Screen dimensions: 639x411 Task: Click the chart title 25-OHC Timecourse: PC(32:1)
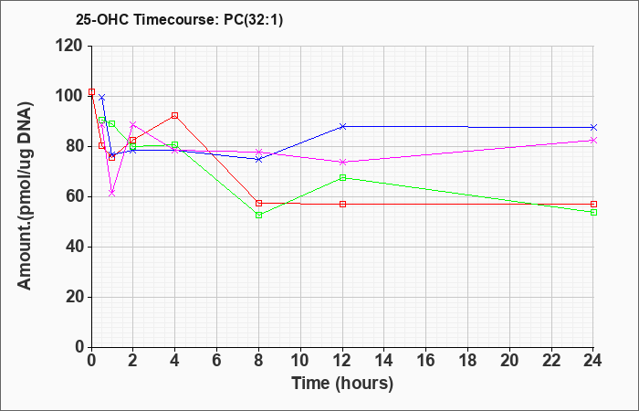pyautogui.click(x=179, y=20)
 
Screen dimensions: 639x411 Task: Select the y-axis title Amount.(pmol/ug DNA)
pyautogui.click(x=25, y=195)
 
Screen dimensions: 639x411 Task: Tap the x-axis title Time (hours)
pyautogui.click(x=342, y=384)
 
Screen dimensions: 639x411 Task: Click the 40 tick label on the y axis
pyautogui.click(x=74, y=248)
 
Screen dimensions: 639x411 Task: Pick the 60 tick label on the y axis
pyautogui.click(x=74, y=197)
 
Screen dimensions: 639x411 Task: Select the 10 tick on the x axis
pyautogui.click(x=300, y=361)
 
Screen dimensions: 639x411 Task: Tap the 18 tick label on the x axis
pyautogui.click(x=467, y=361)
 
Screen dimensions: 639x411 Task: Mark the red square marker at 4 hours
pyautogui.click(x=175, y=115)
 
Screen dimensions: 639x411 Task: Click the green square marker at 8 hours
pyautogui.click(x=258, y=215)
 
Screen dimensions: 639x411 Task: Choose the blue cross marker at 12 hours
pyautogui.click(x=342, y=126)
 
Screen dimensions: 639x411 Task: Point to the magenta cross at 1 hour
pyautogui.click(x=112, y=193)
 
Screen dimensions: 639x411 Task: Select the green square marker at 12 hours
pyautogui.click(x=342, y=178)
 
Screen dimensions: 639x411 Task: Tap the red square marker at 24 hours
pyautogui.click(x=593, y=204)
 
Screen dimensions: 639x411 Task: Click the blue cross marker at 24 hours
pyautogui.click(x=593, y=127)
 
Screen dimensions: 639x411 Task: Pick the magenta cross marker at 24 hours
pyautogui.click(x=593, y=140)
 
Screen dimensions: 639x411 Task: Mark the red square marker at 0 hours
pyautogui.click(x=91, y=91)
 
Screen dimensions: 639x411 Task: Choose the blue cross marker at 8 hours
pyautogui.click(x=258, y=159)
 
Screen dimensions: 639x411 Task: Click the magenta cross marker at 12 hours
pyautogui.click(x=342, y=162)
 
